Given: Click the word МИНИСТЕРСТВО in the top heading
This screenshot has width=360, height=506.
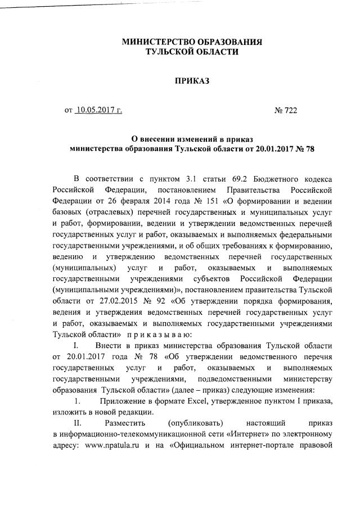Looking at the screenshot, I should [x=154, y=42].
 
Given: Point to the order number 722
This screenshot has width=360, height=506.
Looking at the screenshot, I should [x=290, y=110].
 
